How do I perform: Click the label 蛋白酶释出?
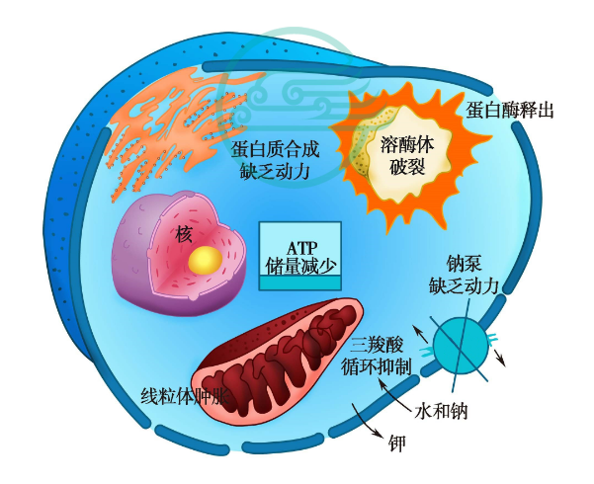point(510,109)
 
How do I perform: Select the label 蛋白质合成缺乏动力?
point(276,160)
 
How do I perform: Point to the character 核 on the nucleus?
point(184,234)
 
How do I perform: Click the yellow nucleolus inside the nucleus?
point(206,260)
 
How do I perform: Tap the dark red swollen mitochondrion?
point(277,356)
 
